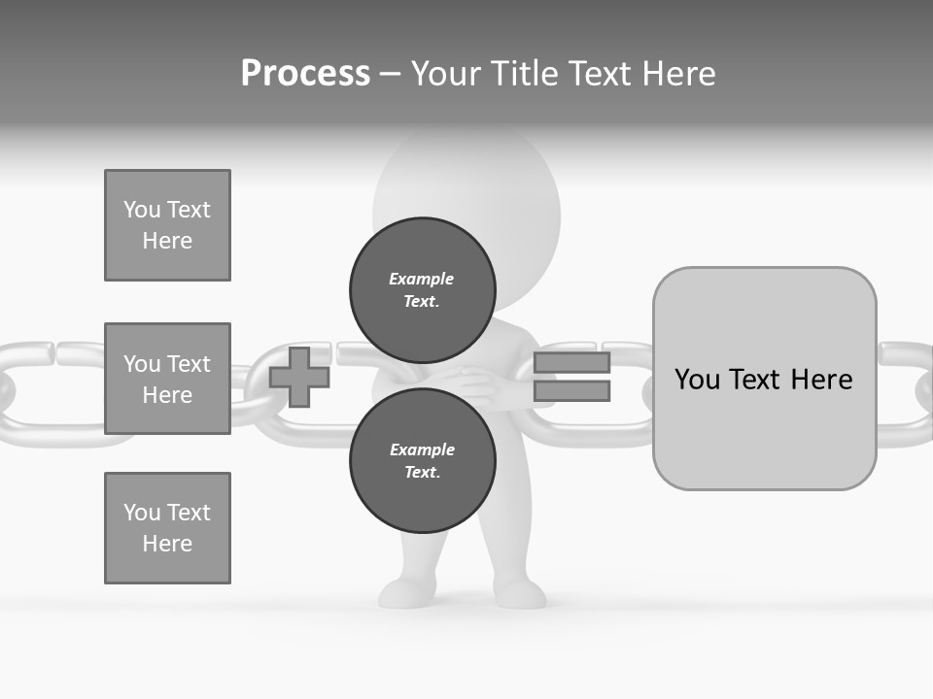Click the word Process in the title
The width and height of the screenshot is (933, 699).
(305, 74)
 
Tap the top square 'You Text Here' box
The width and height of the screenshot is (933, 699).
(167, 225)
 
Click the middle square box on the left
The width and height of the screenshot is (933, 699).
(167, 379)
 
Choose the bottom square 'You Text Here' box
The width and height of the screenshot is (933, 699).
(167, 528)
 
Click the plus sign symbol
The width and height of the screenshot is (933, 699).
(299, 377)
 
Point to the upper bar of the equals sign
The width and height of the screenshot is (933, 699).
(571, 363)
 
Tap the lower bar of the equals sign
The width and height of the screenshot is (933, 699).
(571, 391)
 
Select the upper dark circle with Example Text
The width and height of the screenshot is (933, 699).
(422, 289)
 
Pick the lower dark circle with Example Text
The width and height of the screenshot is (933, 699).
(422, 460)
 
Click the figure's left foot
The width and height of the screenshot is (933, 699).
(398, 591)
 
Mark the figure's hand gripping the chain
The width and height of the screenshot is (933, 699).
(481, 383)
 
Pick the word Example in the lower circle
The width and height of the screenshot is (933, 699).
(422, 449)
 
